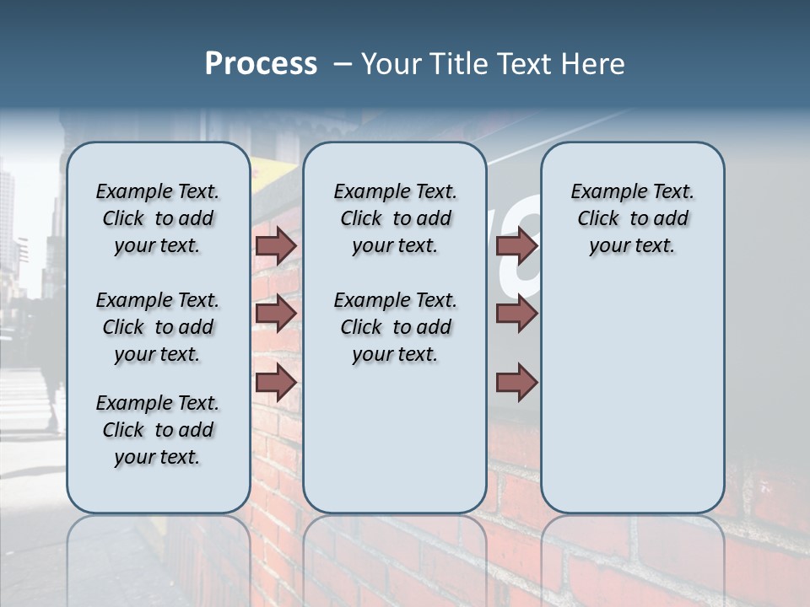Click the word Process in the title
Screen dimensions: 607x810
tap(261, 64)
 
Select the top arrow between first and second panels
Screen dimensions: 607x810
tap(276, 245)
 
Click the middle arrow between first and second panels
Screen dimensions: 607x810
tap(276, 314)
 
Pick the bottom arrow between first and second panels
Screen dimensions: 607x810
tap(276, 383)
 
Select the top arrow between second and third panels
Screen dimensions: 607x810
tap(516, 245)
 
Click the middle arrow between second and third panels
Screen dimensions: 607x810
tap(516, 314)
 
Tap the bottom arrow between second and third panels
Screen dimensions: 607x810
tap(516, 383)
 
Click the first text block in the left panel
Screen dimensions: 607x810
tap(158, 218)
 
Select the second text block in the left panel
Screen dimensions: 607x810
tap(158, 327)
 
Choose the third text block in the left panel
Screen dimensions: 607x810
tap(158, 430)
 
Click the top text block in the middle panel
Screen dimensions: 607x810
tap(395, 218)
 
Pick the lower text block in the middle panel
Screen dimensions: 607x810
tap(395, 327)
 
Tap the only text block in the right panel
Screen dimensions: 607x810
tap(632, 218)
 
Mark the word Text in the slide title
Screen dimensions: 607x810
tap(521, 64)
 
